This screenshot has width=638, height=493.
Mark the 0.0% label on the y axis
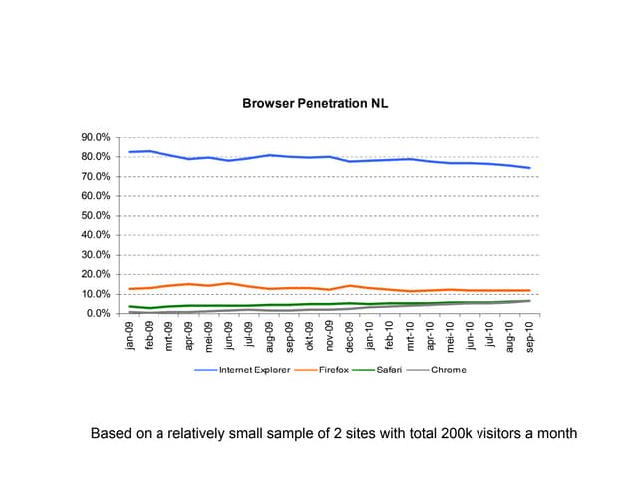[98, 313]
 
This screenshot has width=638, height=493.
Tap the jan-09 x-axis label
[130, 336]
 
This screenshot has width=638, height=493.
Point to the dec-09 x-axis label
[350, 336]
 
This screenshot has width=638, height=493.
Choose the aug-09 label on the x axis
[269, 336]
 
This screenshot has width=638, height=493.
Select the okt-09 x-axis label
[309, 336]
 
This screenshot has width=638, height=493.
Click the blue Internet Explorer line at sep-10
[529, 168]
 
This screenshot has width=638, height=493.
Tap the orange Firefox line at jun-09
[229, 283]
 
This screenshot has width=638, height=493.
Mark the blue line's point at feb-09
[150, 151]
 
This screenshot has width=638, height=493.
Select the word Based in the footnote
[113, 434]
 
